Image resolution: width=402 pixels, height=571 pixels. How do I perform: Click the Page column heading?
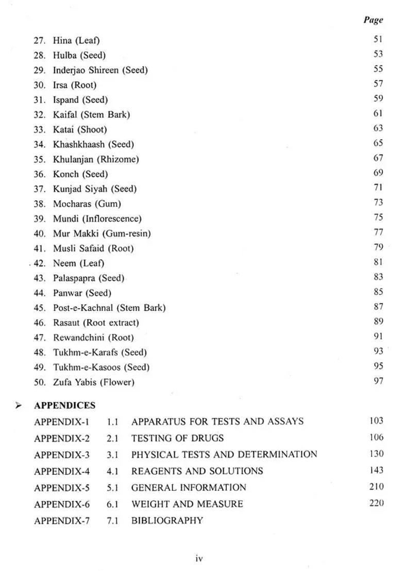coord(373,20)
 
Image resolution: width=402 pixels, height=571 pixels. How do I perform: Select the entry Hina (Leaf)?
coord(76,40)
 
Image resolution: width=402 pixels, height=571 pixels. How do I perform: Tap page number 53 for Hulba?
coord(378,54)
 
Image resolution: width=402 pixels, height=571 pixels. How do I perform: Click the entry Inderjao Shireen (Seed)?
coord(100,70)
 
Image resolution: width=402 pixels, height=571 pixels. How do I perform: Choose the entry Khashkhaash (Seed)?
coord(93,144)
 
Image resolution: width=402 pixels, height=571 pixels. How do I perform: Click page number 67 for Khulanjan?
coord(378,158)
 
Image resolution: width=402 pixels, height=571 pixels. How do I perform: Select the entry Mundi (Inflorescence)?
coord(97,219)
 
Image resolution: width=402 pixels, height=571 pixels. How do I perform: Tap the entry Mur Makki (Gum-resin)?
coord(102,233)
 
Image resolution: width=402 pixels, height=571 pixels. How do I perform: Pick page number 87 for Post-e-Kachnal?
coord(378,307)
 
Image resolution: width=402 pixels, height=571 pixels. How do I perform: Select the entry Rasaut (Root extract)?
coord(96,323)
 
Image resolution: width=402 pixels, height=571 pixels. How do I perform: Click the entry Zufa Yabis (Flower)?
coord(93,382)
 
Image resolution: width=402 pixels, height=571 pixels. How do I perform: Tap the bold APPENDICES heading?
coord(64,406)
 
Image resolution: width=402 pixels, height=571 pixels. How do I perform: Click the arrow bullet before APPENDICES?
coord(19,406)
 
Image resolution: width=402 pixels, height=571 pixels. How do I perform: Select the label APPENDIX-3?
coord(62,455)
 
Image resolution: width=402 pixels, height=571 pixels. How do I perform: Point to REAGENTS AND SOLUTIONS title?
coord(197,471)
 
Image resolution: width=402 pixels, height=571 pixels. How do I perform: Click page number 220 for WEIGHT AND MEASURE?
coord(376,503)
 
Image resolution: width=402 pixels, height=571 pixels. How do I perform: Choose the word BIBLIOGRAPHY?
coord(167,520)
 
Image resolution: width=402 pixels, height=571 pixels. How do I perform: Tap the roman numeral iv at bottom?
coord(199,558)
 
